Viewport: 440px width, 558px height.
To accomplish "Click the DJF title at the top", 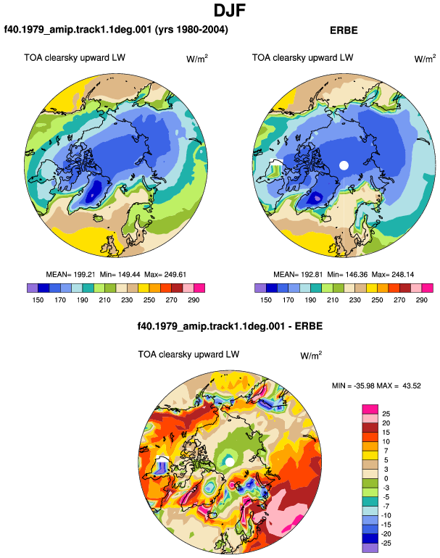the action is click(x=230, y=10).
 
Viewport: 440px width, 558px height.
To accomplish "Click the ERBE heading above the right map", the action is click(x=344, y=30).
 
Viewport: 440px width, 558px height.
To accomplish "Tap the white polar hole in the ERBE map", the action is click(x=344, y=165).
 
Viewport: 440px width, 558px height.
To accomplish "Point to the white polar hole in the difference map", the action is click(x=230, y=462).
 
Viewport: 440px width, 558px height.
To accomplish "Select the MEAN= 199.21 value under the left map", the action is click(x=70, y=275).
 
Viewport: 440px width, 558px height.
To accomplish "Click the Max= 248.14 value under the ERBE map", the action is click(x=393, y=275).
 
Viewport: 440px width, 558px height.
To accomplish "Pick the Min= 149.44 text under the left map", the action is click(x=120, y=275).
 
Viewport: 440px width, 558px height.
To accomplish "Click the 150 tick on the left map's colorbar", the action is click(x=38, y=300).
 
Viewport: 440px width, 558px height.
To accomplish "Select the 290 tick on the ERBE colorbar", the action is click(x=421, y=300).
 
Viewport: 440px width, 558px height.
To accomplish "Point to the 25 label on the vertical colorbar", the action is click(x=386, y=414).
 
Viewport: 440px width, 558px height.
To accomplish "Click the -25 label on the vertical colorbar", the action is click(x=386, y=544).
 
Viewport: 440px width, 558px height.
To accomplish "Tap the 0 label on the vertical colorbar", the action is click(x=386, y=478).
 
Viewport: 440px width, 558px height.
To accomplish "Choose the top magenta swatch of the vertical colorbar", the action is click(x=370, y=409).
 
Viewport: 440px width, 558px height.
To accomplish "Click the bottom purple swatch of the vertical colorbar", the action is click(x=370, y=548).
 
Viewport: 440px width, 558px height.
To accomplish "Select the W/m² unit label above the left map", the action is click(x=197, y=59).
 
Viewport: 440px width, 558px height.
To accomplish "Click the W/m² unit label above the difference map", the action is click(x=311, y=355).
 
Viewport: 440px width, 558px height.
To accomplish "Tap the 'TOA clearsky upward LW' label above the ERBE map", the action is click(x=302, y=58).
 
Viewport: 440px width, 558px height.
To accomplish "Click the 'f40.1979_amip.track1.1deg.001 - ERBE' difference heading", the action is click(x=230, y=326).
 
